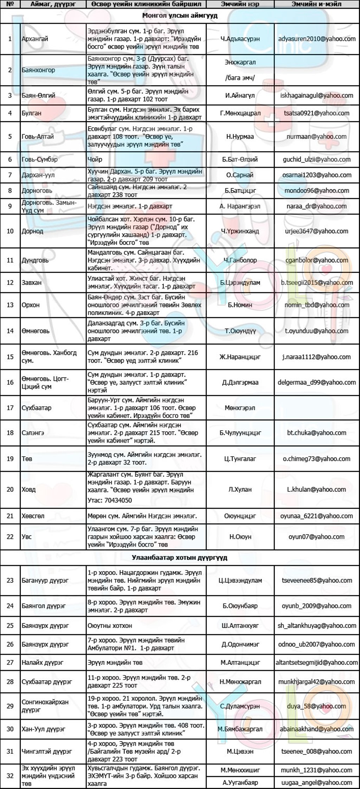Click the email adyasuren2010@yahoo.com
[x=316, y=39]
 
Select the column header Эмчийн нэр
[x=240, y=4]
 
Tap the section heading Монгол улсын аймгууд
[x=180, y=16]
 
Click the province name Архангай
[x=35, y=39]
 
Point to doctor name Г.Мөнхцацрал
[x=240, y=113]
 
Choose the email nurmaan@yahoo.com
[x=316, y=136]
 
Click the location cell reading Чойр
[x=95, y=159]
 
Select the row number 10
[x=10, y=231]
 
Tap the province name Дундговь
[x=35, y=260]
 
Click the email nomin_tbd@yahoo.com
[x=316, y=305]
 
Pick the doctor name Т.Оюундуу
[x=240, y=331]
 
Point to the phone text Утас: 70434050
[x=110, y=500]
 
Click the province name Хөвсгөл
[x=33, y=516]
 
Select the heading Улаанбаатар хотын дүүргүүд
[x=180, y=558]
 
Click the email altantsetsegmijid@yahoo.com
[x=316, y=662]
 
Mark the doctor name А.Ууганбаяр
[x=240, y=783]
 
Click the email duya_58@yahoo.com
[x=316, y=706]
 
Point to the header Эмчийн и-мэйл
[x=316, y=4]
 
